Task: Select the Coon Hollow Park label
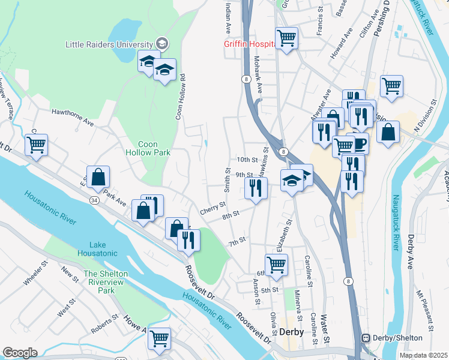click(154, 148)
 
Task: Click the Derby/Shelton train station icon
click(365, 338)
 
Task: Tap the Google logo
click(20, 353)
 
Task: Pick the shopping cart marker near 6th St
click(276, 264)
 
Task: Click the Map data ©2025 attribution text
click(423, 355)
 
